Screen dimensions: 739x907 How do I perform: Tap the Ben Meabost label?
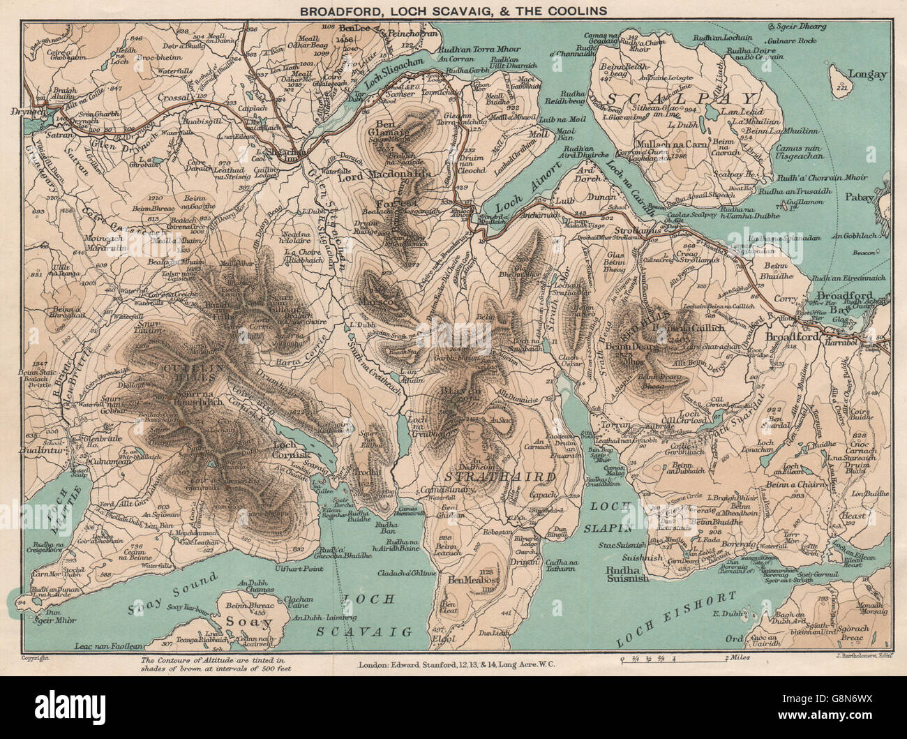[475, 580]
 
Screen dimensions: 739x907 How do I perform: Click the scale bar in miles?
[673, 658]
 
